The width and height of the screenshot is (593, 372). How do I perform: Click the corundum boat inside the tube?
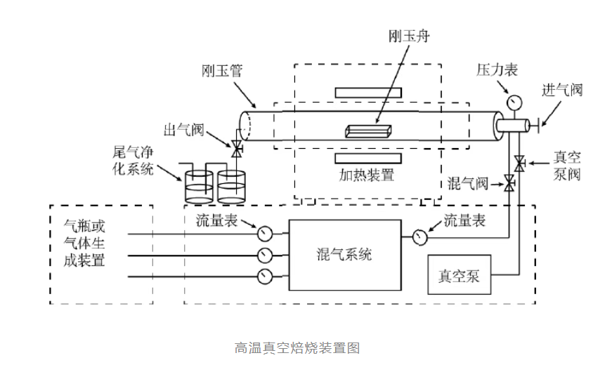tap(370, 130)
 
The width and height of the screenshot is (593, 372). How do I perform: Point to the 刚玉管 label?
tap(220, 71)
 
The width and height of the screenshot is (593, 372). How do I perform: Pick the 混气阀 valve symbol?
tap(509, 185)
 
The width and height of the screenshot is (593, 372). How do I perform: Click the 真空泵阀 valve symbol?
tap(519, 164)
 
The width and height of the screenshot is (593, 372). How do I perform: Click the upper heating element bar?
tap(368, 93)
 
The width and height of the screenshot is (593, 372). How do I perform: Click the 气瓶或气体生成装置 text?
tap(85, 243)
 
